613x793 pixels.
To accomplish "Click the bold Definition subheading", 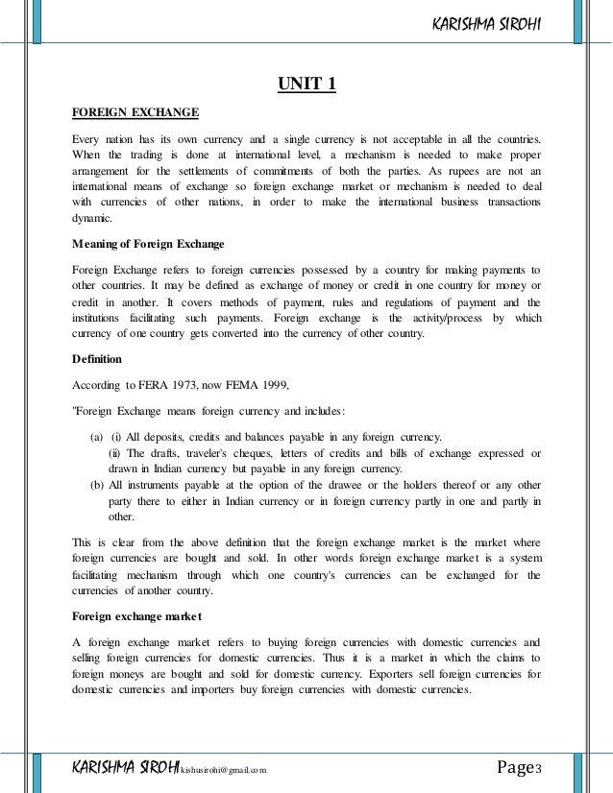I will point(97,358).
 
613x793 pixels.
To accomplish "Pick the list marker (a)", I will point(98,439).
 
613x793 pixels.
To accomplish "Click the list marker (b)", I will point(98,484).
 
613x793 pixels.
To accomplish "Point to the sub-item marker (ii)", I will point(114,454).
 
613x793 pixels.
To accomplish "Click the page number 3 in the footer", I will point(539,766).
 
